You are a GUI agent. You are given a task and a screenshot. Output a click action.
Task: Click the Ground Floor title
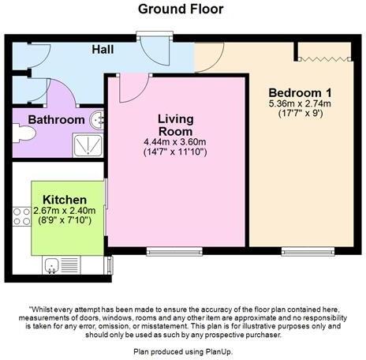(181, 9)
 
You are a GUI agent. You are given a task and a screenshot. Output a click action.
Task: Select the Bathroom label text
(57, 120)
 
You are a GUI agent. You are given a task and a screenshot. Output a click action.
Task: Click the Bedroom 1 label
(300, 90)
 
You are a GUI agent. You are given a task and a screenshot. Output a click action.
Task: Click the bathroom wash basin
(97, 120)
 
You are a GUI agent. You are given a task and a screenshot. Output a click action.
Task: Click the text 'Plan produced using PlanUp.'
(182, 351)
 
